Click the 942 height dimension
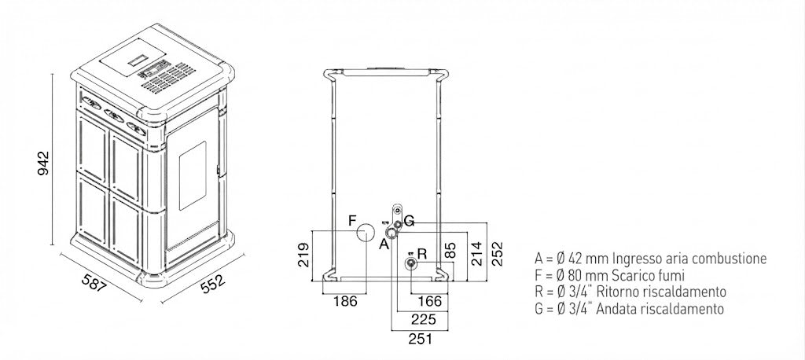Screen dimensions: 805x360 tap(44, 163)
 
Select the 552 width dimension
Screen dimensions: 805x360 tap(212, 284)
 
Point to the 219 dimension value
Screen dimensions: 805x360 tap(303, 255)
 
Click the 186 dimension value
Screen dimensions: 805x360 tap(345, 300)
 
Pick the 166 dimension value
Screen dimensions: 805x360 tap(430, 300)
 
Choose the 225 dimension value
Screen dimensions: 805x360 tap(424, 319)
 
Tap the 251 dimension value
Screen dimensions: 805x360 tap(420, 339)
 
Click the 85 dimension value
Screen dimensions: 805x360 tap(450, 251)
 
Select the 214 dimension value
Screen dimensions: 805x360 tap(477, 254)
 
